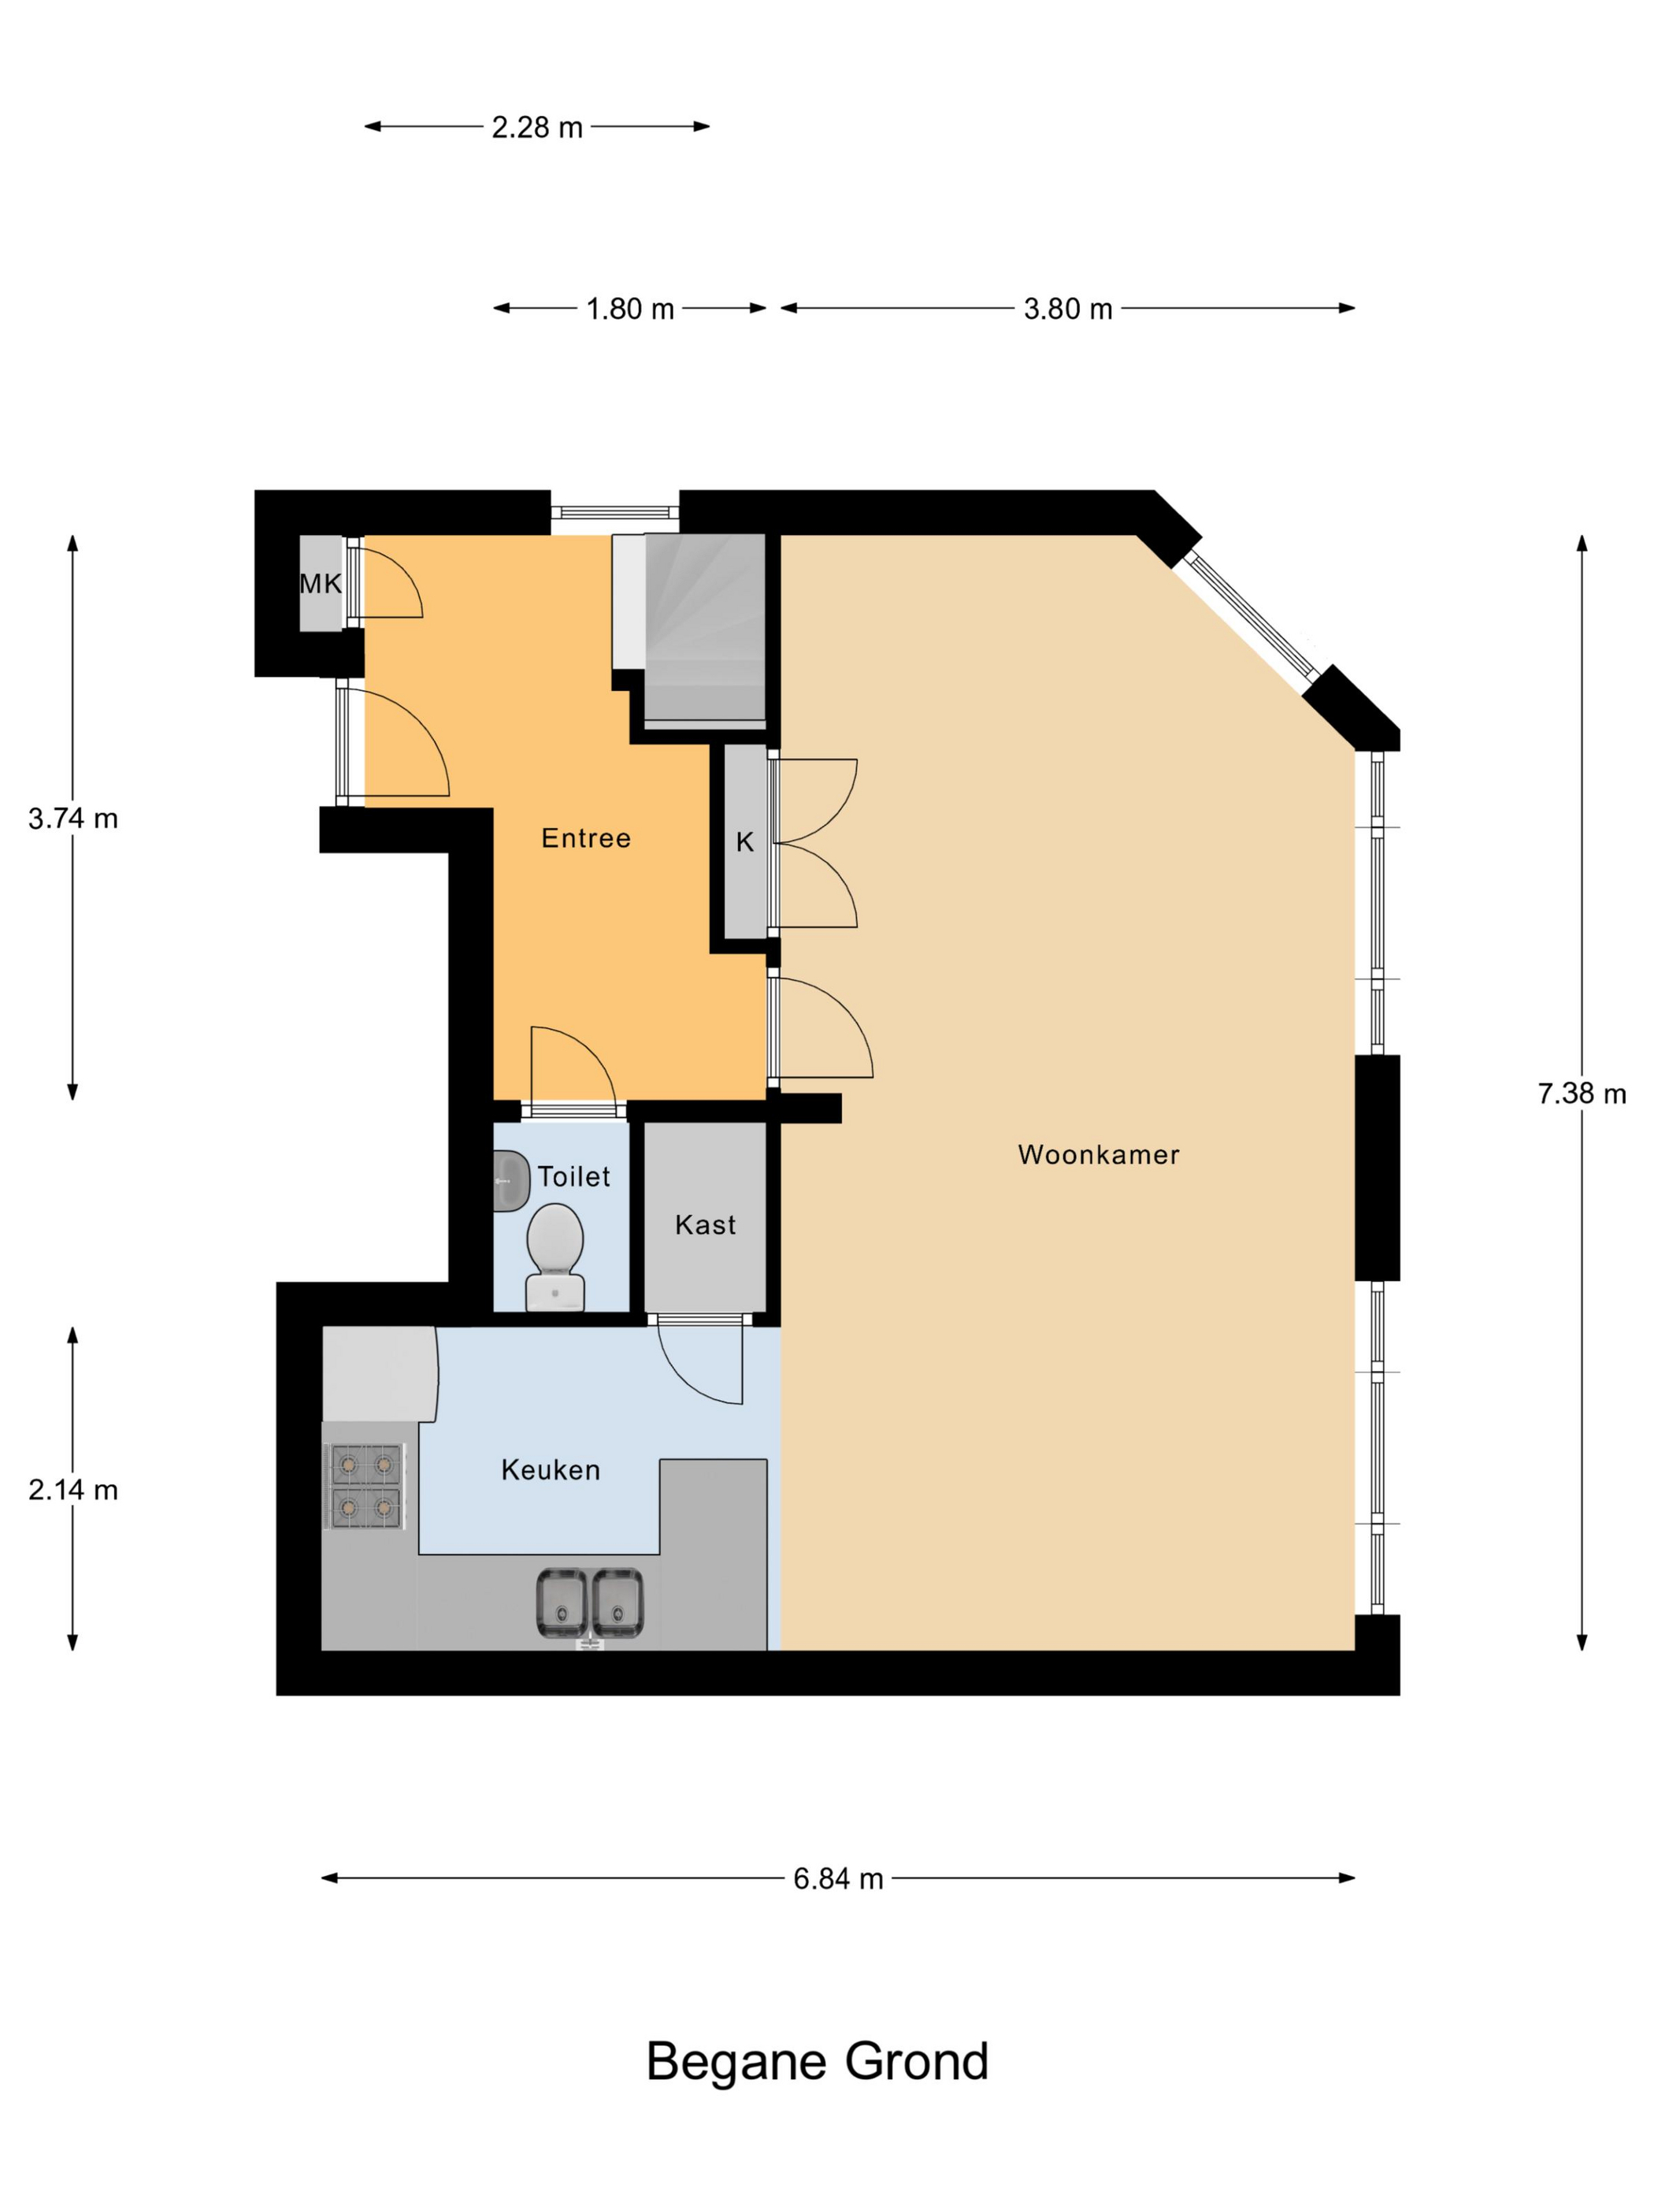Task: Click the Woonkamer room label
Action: pyautogui.click(x=1098, y=1155)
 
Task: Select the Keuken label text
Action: pyautogui.click(x=551, y=1470)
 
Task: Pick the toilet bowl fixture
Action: pyautogui.click(x=554, y=1257)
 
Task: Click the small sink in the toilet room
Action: pyautogui.click(x=510, y=1182)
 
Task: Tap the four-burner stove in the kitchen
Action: pyautogui.click(x=364, y=1486)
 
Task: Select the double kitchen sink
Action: pyautogui.click(x=589, y=1603)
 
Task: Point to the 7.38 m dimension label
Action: pyautogui.click(x=1582, y=1094)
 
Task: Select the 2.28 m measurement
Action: pyautogui.click(x=536, y=128)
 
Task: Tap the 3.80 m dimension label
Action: pyautogui.click(x=1068, y=309)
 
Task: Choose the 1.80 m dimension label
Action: pyautogui.click(x=630, y=309)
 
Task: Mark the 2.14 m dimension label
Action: pyautogui.click(x=72, y=1490)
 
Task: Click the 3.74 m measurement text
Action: pyautogui.click(x=72, y=819)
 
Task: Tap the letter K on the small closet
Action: pyautogui.click(x=745, y=843)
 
